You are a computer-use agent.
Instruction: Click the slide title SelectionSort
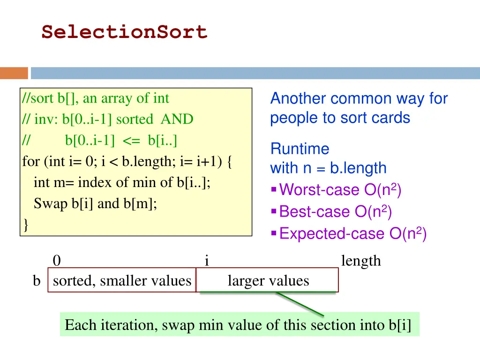tap(124, 32)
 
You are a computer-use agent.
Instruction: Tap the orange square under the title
tap(14, 73)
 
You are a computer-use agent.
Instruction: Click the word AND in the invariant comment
tap(177, 120)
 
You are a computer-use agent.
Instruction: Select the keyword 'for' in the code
tap(31, 162)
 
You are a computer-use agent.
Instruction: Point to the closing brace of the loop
tap(25, 225)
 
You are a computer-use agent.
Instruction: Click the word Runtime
tap(300, 149)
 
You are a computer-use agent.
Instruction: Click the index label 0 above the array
tap(57, 261)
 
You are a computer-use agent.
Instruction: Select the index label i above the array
tap(207, 261)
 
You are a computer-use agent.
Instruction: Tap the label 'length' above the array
tap(361, 261)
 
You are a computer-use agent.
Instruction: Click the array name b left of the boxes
tap(37, 281)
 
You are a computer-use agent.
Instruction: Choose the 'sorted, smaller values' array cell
tap(122, 281)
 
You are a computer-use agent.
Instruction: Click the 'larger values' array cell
tap(268, 281)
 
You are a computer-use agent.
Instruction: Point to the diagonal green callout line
tap(300, 304)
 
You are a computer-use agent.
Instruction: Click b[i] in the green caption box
tap(399, 325)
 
